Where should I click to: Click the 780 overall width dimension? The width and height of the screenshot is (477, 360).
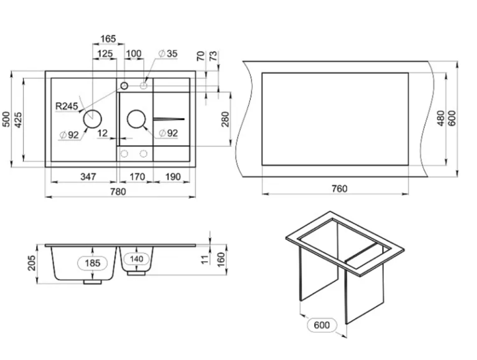pos(118,192)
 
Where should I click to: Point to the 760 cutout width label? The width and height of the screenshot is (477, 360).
pos(339,189)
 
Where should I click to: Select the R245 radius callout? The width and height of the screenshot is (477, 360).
pos(67,106)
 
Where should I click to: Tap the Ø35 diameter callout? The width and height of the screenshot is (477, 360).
pos(168,54)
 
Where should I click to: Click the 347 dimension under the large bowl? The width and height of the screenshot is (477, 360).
pos(88,177)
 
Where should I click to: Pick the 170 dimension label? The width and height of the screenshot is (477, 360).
pos(137,177)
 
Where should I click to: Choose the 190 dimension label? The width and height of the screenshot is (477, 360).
pos(173,177)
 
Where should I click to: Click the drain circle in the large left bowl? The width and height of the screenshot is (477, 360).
pos(93,119)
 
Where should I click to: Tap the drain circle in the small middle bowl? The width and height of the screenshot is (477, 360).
pos(136,119)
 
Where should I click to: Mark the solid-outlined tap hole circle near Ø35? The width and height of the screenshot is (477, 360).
pos(124,85)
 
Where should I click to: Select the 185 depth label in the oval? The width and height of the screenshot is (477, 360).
pos(93,262)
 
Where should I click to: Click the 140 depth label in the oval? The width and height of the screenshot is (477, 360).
pos(136,259)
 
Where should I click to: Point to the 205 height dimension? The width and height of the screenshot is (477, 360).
pos(31,263)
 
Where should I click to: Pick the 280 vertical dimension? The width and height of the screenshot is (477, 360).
pos(225,119)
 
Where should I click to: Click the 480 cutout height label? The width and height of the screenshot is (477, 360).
pos(441,119)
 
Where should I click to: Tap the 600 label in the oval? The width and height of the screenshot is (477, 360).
pos(322,325)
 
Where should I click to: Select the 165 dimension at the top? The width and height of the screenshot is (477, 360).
pos(108,39)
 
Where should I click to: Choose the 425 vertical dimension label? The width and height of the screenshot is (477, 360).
pos(18,119)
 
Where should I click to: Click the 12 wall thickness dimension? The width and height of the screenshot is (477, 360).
pos(103,133)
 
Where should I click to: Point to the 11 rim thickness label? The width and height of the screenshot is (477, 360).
pos(206,259)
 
